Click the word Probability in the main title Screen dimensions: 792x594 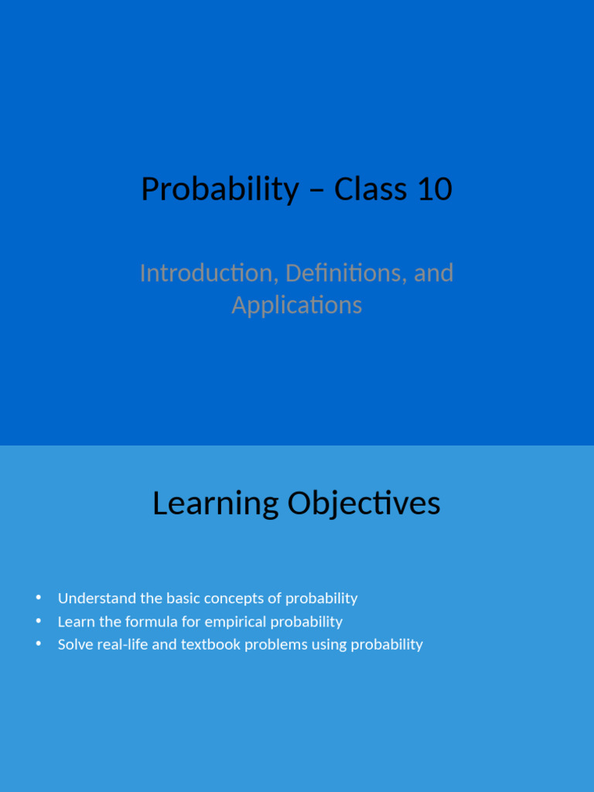coord(220,189)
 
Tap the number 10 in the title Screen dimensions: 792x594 coord(434,189)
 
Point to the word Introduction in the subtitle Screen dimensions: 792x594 coord(208,273)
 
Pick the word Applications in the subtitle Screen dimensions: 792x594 coord(297,305)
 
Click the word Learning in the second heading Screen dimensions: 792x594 coord(215,504)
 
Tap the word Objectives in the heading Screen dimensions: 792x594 coord(364,504)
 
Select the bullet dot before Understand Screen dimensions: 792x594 coord(38,598)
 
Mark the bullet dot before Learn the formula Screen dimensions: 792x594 coord(38,621)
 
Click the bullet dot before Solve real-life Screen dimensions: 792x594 coord(38,644)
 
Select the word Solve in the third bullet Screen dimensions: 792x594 coord(74,644)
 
